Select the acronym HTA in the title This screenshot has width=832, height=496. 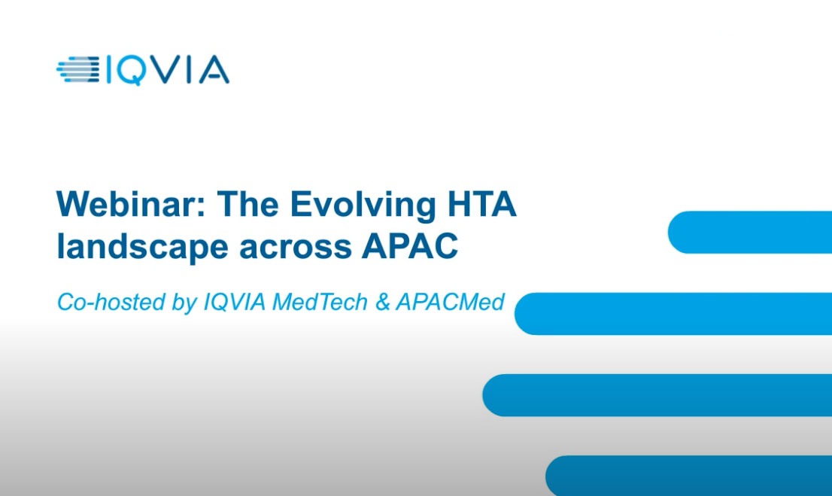click(482, 203)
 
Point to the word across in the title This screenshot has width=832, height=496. click(296, 248)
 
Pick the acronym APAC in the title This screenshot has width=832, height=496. click(410, 246)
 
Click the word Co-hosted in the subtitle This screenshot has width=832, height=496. click(111, 302)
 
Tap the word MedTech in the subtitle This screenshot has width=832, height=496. click(320, 302)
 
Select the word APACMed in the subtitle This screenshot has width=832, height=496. click(450, 302)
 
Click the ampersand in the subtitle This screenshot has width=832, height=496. click(382, 302)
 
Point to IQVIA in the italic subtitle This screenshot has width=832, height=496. click(235, 302)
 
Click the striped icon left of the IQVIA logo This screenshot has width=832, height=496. click(78, 69)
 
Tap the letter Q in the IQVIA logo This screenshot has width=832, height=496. click(130, 71)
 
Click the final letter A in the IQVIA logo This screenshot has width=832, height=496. click(214, 70)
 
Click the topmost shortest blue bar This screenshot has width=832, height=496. click(750, 232)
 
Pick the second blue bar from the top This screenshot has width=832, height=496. click(673, 313)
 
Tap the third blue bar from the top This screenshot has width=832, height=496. click(657, 395)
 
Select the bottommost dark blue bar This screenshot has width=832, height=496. click(688, 476)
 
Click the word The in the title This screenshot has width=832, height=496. click(247, 203)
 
